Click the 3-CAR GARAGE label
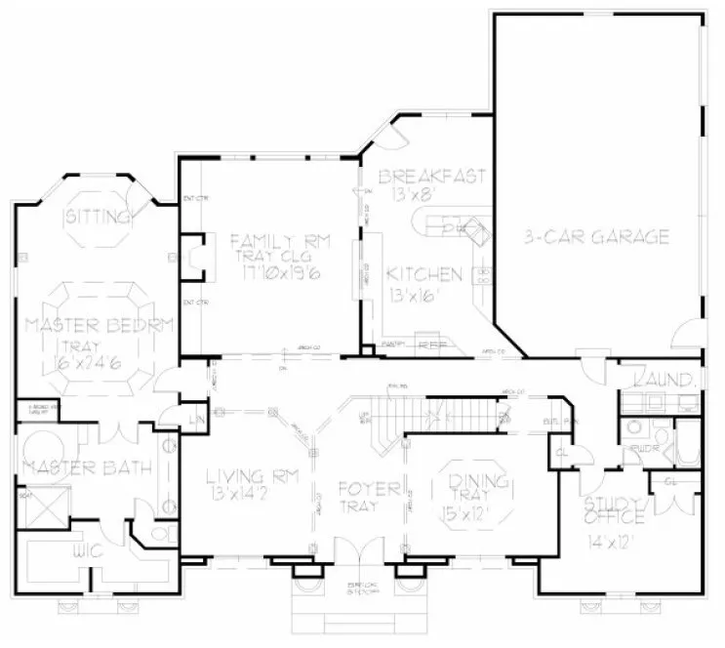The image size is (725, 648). (594, 236)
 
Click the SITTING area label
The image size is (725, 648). (98, 216)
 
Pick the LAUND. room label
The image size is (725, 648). (665, 380)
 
